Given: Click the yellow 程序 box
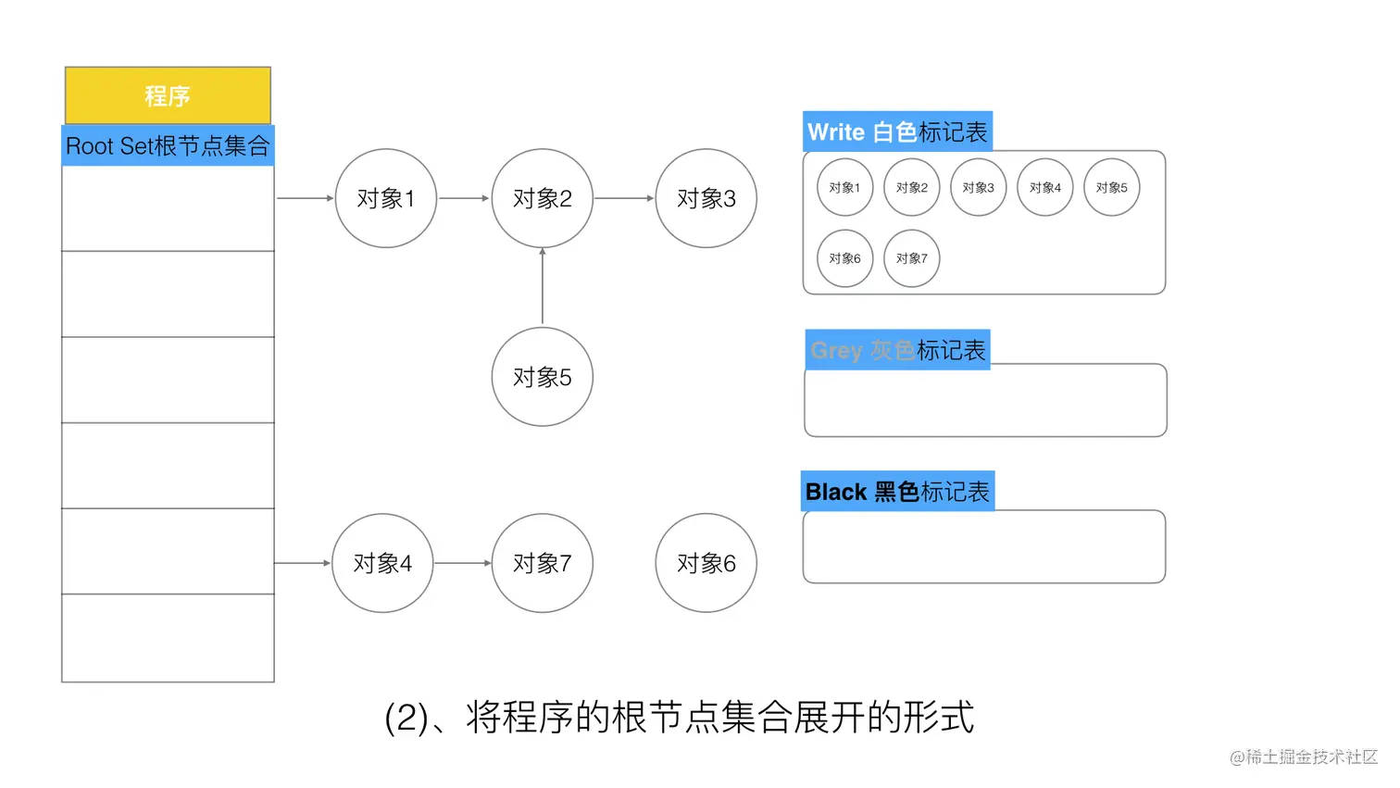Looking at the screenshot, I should pos(168,95).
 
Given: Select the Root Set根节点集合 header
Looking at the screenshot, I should pos(168,146).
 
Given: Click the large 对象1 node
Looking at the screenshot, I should pos(385,198).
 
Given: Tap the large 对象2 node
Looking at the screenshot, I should pos(542,198).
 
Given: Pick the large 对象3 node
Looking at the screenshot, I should pos(706,198).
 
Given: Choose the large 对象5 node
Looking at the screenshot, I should pos(542,377).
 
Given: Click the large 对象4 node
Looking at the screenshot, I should pos(382,563).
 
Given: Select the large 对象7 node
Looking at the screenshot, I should pos(542,563).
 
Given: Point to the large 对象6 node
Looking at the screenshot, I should pos(706,563).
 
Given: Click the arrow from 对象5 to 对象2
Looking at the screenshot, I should pos(543,287).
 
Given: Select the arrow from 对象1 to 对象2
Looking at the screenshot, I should pos(463,198).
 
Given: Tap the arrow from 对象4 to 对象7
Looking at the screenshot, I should pos(462,563).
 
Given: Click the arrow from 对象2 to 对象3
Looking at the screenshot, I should pos(623,198).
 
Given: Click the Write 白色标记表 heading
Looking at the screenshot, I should pos(897,132).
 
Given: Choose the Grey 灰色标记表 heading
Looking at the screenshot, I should pos(897,350).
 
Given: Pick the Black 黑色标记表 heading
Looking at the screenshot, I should pos(897,492).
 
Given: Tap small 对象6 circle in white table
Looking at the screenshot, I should pos(844,258).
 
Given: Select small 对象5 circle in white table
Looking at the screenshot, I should pos(1111,187).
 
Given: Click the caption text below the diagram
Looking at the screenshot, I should pos(679,718).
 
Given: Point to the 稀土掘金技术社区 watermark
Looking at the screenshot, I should pos(1303,757).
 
